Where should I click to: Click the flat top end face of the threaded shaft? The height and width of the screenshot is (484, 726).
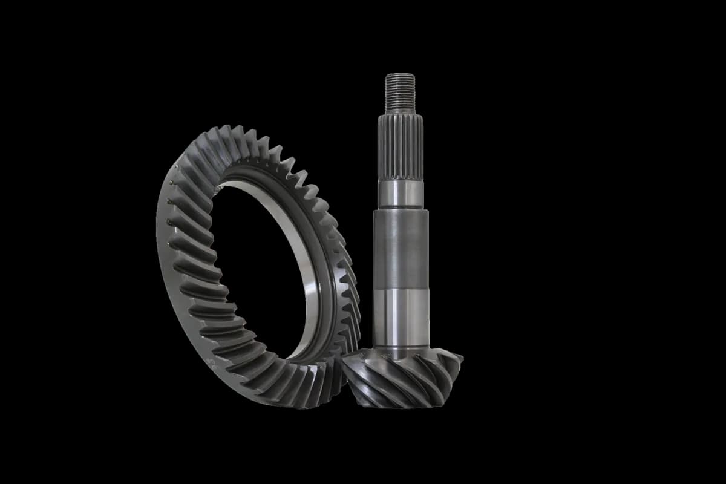pyautogui.click(x=400, y=75)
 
